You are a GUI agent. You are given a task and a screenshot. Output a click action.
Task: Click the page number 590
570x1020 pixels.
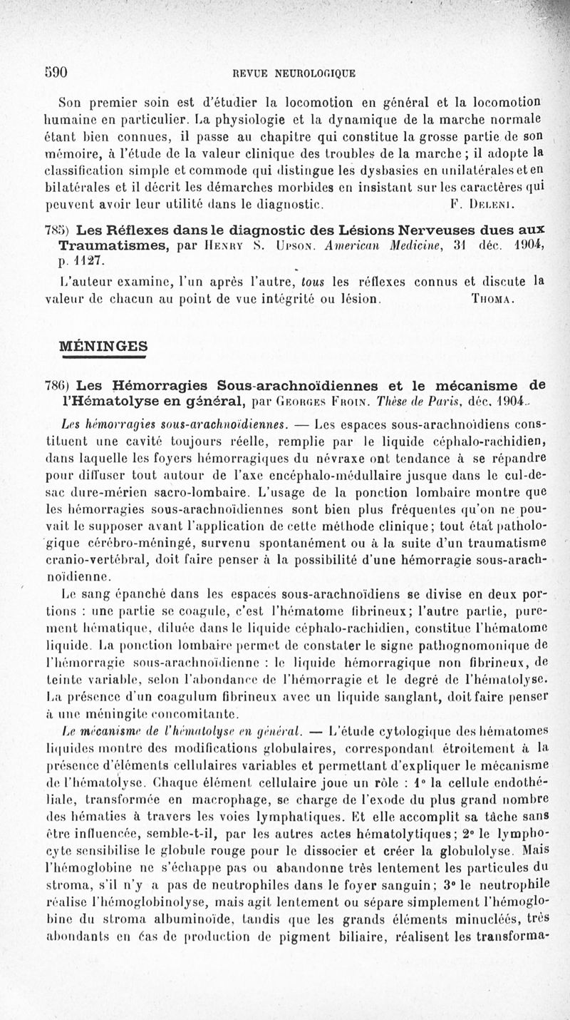pyautogui.click(x=53, y=71)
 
